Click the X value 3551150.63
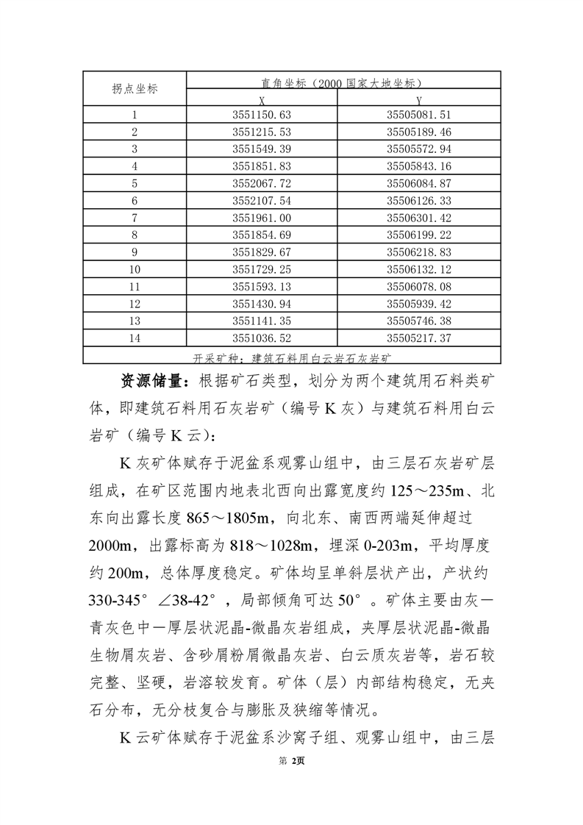(262, 115)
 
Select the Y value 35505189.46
(418, 132)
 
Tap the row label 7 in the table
(135, 218)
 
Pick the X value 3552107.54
(262, 200)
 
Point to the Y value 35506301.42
(418, 218)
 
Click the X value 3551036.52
(262, 337)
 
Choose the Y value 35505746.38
(418, 321)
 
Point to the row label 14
(135, 337)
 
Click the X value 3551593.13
(262, 286)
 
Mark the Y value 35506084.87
(418, 183)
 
